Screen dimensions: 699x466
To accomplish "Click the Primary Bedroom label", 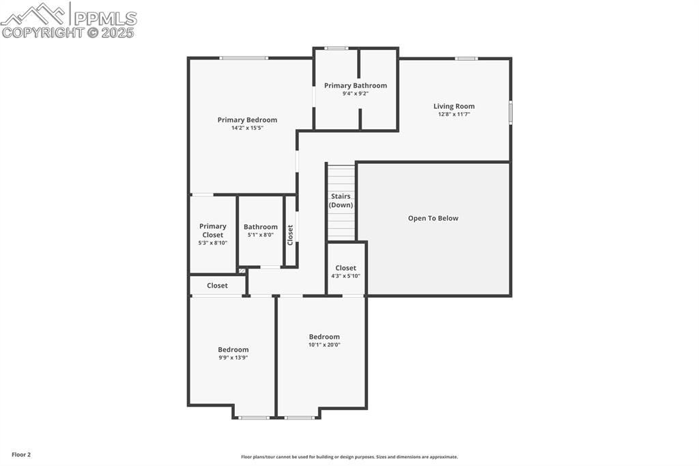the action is pos(247,120).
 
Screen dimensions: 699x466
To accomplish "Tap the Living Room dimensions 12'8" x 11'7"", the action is pos(454,114).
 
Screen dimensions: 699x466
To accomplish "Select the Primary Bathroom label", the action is pos(355,85).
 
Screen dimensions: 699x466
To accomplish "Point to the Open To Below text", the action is pos(433,218).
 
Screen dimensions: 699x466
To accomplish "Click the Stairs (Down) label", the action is pos(341,201).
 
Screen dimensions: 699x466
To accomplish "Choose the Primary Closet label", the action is pos(213,230).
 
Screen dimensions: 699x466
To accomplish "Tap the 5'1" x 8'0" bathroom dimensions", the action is pos(260,235).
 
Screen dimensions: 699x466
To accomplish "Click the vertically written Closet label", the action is pos(290,235).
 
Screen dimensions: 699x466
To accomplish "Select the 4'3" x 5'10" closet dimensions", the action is pos(345,276).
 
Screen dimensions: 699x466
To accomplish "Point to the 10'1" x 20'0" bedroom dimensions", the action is pos(324,344).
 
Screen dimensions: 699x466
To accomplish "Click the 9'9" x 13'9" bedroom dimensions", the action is pos(233,357).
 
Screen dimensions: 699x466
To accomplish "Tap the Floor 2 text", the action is pos(21,455).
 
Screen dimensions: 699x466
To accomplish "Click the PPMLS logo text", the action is pos(105,18).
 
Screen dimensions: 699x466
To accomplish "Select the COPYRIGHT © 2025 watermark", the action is pos(68,33).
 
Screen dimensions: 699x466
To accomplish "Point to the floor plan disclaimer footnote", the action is pos(349,456).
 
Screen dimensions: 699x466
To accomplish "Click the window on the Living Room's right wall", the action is pos(511,111).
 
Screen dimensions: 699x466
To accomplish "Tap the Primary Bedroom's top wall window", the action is pos(244,58).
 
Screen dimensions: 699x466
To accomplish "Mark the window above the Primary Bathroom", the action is pos(336,49).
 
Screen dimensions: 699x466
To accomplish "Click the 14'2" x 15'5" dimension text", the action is pos(247,128).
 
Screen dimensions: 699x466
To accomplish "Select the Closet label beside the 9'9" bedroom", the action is pos(217,286).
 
